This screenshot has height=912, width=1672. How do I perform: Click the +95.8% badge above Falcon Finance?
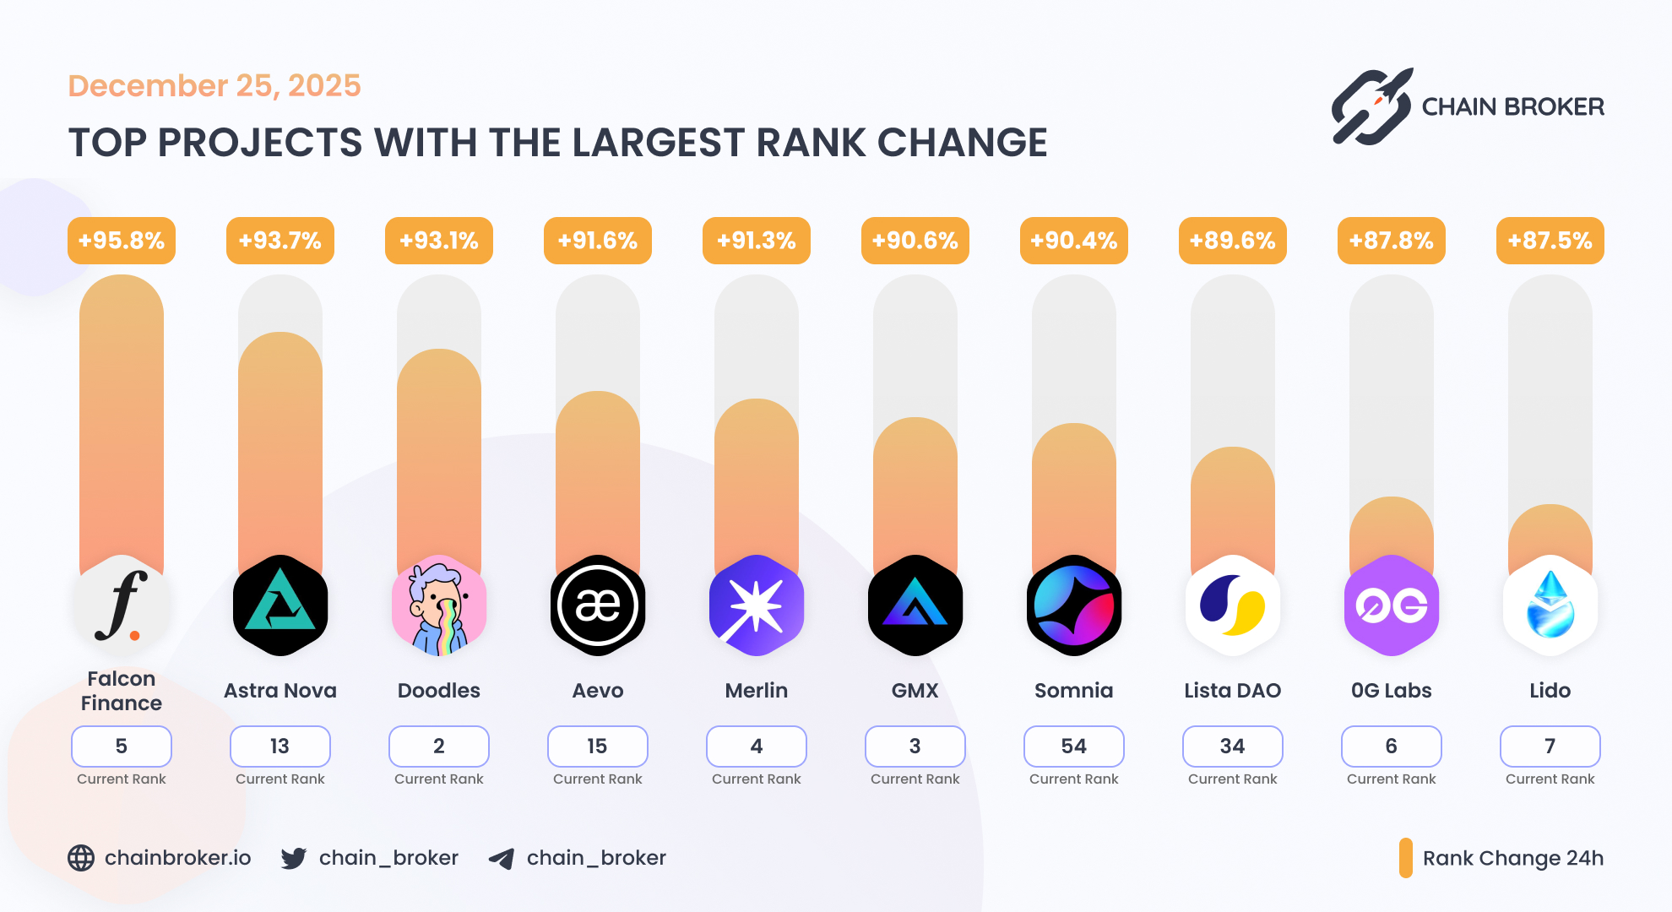pos(122,241)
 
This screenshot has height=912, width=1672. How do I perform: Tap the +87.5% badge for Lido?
pos(1550,241)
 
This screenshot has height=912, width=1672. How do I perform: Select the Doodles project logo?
pos(439,605)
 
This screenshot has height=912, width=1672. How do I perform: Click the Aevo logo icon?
pos(598,605)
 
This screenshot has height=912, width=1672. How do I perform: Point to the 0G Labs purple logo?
pos(1391,605)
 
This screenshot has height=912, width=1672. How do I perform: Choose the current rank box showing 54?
pos(1073,746)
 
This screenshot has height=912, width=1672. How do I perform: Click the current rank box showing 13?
pos(280,746)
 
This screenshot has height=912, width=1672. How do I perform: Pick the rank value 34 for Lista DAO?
pos(1232,746)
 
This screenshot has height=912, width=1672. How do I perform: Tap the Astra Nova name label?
pos(280,691)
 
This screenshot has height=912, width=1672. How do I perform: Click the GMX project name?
pos(915,691)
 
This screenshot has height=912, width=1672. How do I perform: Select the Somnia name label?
pos(1073,691)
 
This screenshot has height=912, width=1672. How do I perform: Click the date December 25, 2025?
pos(214,85)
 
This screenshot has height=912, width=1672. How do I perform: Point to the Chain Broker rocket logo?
pos(1372,106)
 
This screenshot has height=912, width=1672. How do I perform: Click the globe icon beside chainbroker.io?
pos(81,858)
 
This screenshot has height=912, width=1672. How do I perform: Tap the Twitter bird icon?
pos(294,858)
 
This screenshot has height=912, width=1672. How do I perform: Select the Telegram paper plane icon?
pos(502,859)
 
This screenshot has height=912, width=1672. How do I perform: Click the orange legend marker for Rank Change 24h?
pos(1405,858)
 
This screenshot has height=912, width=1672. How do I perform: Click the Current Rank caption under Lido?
pos(1550,779)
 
